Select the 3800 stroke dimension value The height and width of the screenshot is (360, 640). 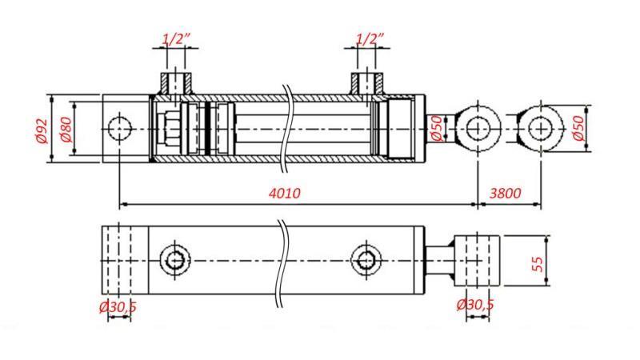click(x=505, y=194)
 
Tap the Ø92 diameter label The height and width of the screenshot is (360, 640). click(x=43, y=130)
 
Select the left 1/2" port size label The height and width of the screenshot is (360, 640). click(x=175, y=38)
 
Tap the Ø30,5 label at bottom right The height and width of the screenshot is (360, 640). click(x=475, y=305)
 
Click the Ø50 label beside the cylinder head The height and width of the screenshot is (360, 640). click(x=437, y=128)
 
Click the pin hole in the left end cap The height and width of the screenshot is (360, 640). click(x=120, y=128)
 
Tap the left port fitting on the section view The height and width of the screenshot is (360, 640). click(x=176, y=82)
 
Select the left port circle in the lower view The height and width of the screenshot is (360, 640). click(x=175, y=260)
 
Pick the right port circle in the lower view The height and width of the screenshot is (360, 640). click(x=366, y=260)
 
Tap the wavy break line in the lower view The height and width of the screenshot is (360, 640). click(x=281, y=264)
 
